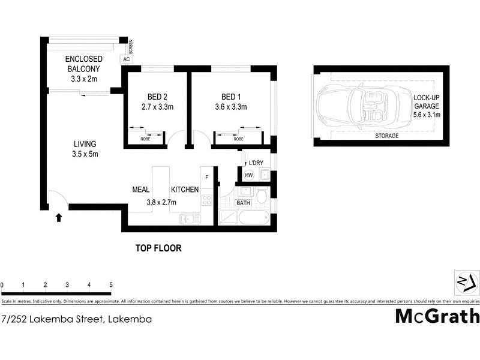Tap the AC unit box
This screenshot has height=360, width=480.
pyautogui.click(x=126, y=59)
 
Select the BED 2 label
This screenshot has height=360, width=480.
pyautogui.click(x=157, y=97)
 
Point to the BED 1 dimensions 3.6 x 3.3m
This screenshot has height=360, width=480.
pyautogui.click(x=235, y=107)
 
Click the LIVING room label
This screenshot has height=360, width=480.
pyautogui.click(x=85, y=144)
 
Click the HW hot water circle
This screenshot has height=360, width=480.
pyautogui.click(x=249, y=175)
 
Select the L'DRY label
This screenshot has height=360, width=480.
pyautogui.click(x=265, y=164)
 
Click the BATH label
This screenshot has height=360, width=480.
pyautogui.click(x=243, y=203)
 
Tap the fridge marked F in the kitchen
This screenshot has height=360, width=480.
pyautogui.click(x=207, y=177)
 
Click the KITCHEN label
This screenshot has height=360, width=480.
pyautogui.click(x=184, y=190)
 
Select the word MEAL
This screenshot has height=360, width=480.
pyautogui.click(x=140, y=190)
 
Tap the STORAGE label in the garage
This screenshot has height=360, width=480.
pyautogui.click(x=387, y=136)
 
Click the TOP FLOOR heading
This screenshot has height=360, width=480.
pyautogui.click(x=158, y=248)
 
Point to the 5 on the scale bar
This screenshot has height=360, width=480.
pyautogui.click(x=111, y=284)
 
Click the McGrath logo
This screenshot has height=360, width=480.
pyautogui.click(x=437, y=316)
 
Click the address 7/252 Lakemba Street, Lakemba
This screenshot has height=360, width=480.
pyautogui.click(x=76, y=319)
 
